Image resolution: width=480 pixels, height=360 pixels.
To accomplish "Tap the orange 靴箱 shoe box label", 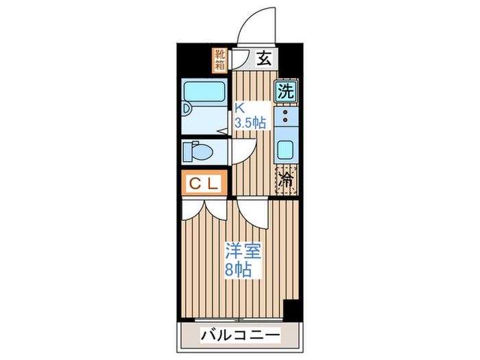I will [x=219, y=59].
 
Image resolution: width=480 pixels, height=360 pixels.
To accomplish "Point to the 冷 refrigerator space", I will [x=286, y=180].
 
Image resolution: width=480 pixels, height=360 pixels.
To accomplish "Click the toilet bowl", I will [x=199, y=152].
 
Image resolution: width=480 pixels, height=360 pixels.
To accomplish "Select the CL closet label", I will [x=204, y=184].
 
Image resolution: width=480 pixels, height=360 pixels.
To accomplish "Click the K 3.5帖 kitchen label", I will [x=250, y=116].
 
